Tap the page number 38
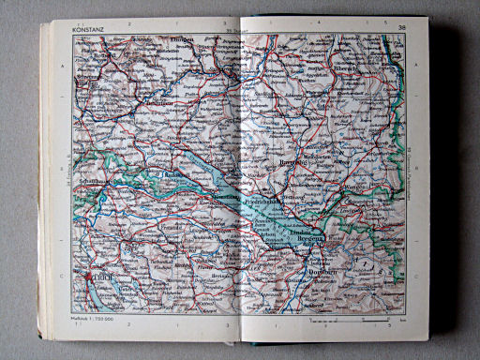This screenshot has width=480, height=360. click(403, 28)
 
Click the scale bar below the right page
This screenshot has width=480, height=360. click(346, 322)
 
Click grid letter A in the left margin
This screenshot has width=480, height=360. click(63, 67)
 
